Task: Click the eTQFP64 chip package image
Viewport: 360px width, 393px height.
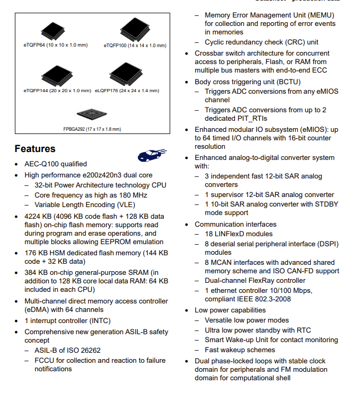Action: [x=53, y=31]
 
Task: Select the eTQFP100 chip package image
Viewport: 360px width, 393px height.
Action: [x=135, y=29]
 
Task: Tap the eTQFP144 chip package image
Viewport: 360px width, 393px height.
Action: [x=57, y=76]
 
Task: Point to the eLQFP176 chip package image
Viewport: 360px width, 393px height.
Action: [x=126, y=74]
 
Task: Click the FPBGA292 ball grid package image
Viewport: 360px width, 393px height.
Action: [x=92, y=114]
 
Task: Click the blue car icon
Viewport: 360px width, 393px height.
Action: [x=152, y=155]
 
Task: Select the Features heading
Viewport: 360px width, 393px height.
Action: [x=35, y=149]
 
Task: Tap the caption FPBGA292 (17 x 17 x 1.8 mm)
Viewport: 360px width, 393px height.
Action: [x=92, y=129]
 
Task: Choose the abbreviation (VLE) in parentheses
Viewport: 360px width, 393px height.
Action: [x=126, y=205]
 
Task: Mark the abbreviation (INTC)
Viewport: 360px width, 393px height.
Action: [x=100, y=321]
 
